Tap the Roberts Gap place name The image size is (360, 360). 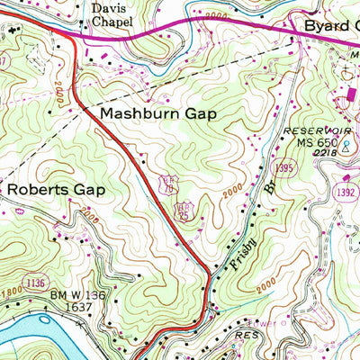pyautogui.click(x=56, y=190)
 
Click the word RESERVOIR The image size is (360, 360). pyautogui.click(x=309, y=131)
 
